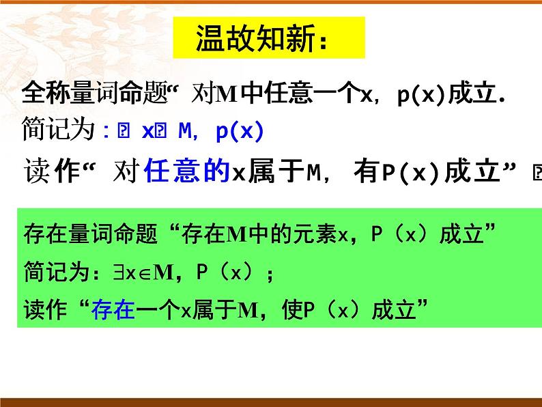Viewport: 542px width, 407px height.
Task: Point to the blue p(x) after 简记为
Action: (239, 132)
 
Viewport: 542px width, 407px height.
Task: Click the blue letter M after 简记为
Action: (186, 132)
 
